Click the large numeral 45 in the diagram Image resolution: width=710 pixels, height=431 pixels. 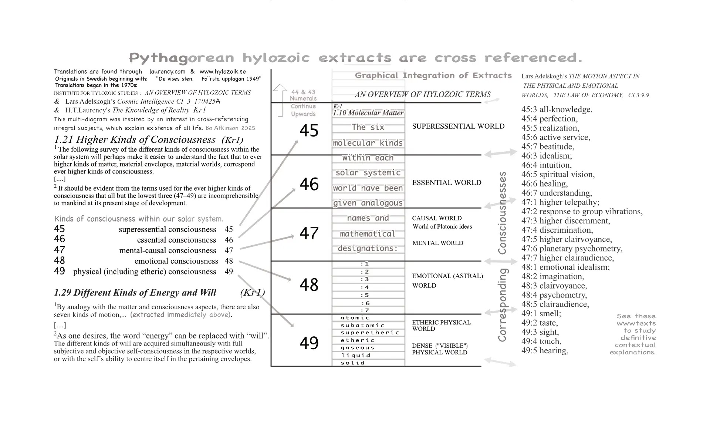point(309,131)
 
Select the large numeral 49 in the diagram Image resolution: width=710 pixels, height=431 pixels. point(309,343)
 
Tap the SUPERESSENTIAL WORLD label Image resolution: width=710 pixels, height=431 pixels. point(458,126)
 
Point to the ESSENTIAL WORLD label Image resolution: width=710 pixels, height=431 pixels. point(447,182)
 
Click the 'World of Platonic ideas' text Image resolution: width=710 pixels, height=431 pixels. point(442,226)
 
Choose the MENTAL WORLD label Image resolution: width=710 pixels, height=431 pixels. point(438,243)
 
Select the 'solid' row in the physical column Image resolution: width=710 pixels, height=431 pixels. point(353,363)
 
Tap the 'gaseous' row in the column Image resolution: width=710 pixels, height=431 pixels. point(358,348)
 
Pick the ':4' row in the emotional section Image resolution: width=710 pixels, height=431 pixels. point(365,287)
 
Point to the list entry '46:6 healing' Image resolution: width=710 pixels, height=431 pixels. point(544,184)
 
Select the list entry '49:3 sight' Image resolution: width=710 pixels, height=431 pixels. point(540,332)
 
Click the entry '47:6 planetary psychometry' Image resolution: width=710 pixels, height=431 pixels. point(572,249)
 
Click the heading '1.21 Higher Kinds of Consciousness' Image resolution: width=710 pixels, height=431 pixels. point(135,139)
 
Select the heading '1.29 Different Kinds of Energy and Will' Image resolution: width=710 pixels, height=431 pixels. point(135,293)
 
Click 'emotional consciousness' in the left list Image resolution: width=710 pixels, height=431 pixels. point(176,261)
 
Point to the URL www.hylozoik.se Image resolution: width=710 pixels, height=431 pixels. point(223,71)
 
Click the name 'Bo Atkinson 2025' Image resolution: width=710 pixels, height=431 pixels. point(230,128)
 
